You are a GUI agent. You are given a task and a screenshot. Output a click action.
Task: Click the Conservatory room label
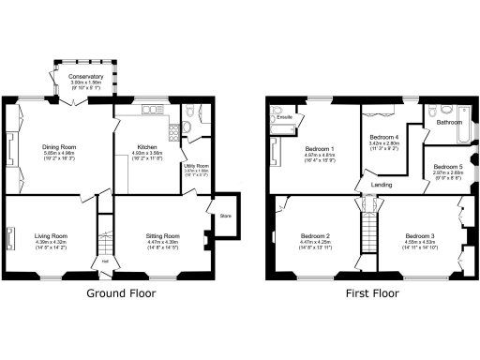tap(86, 76)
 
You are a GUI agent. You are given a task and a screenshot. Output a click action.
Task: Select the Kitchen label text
tap(147, 147)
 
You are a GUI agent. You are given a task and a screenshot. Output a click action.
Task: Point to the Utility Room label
tap(195, 166)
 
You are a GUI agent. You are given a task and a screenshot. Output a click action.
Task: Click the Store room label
tap(224, 215)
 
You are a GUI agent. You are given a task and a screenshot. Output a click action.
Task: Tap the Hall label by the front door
tap(105, 262)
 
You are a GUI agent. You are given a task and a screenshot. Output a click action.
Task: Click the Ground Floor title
tap(121, 292)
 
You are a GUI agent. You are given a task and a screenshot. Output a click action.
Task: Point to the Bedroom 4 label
tap(384, 138)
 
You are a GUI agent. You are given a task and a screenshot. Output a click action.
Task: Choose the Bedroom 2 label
tap(315, 235)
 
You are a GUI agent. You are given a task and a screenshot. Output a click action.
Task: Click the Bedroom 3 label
tap(420, 235)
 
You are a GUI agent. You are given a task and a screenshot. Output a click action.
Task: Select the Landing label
tap(382, 185)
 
